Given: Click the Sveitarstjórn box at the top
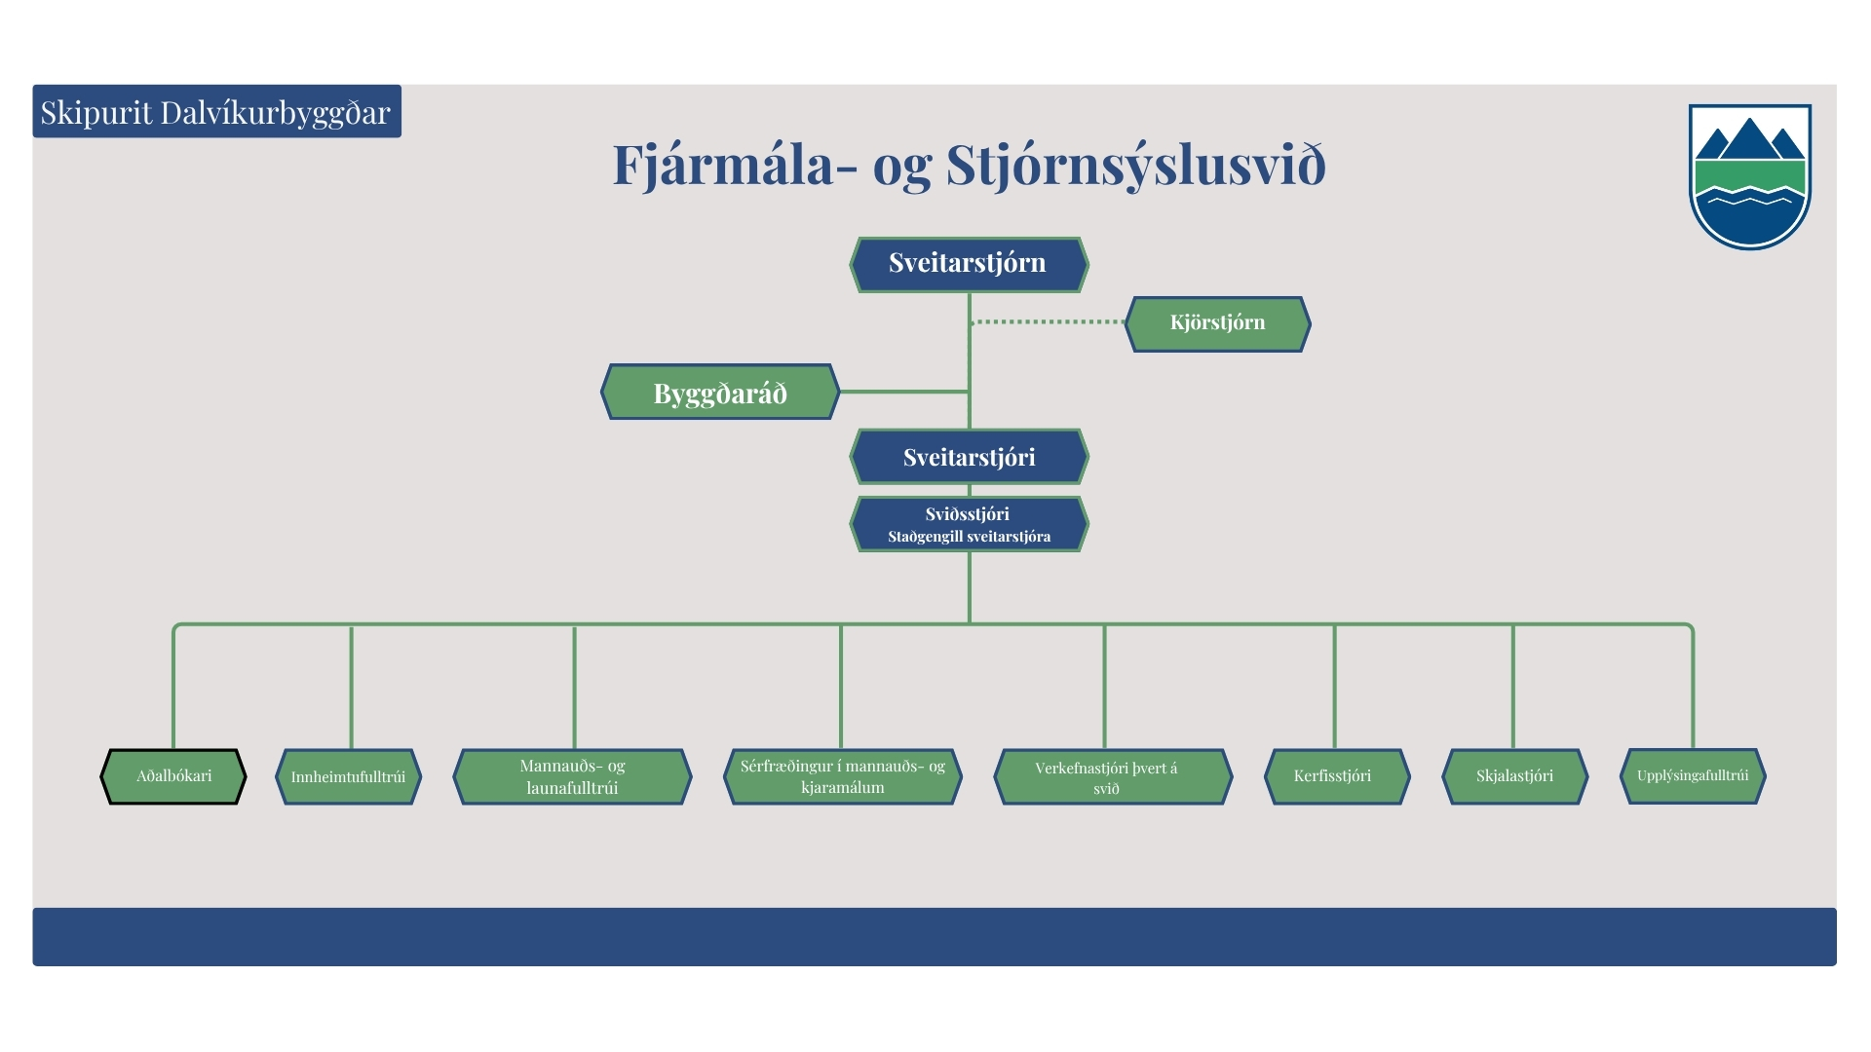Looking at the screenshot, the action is pyautogui.click(x=969, y=264).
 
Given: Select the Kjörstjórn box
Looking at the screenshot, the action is pyautogui.click(x=1217, y=323).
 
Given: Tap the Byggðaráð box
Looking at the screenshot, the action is pyautogui.click(x=720, y=392).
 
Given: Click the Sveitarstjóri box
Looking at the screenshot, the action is pyautogui.click(x=969, y=456).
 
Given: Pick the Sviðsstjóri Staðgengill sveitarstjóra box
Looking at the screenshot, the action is pyautogui.click(x=969, y=524).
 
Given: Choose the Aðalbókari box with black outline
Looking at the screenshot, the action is pyautogui.click(x=173, y=776).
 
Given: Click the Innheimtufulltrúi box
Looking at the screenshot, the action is pyautogui.click(x=349, y=776).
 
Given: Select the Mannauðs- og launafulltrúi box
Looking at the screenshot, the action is pyautogui.click(x=572, y=776).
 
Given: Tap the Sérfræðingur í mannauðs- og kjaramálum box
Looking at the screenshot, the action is pyautogui.click(x=842, y=776).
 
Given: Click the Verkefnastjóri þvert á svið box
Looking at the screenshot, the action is pyautogui.click(x=1113, y=776).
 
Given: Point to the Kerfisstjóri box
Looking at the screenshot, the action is pyautogui.click(x=1336, y=776).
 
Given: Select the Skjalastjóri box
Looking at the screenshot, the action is pyautogui.click(x=1514, y=776).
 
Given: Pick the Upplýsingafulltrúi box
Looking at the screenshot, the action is pyautogui.click(x=1693, y=776).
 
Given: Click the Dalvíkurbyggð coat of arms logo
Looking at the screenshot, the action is pyautogui.click(x=1749, y=176).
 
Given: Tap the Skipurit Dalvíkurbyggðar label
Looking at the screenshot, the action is pyautogui.click(x=216, y=111).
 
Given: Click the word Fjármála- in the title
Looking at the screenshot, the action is pyautogui.click(x=736, y=165).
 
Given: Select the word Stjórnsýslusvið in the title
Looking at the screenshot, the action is pyautogui.click(x=1136, y=165).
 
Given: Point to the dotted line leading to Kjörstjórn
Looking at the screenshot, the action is pyautogui.click(x=1049, y=321).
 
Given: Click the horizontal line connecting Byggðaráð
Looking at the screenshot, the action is pyautogui.click(x=903, y=392).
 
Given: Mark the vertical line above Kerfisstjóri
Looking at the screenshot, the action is pyautogui.click(x=1334, y=687).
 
